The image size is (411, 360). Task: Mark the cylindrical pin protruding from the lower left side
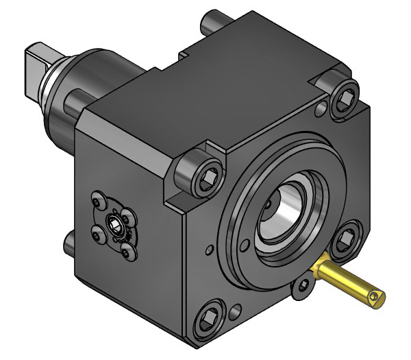[69, 241]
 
